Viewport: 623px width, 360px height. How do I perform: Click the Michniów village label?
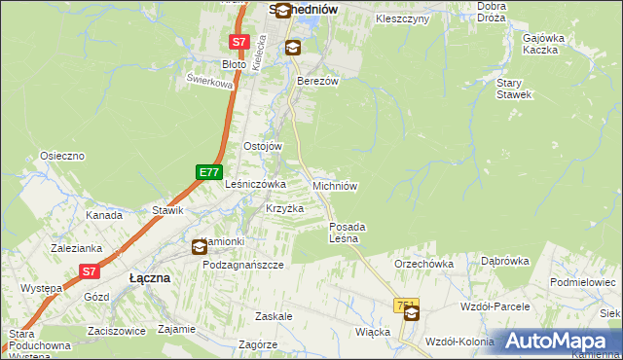(x=337, y=185)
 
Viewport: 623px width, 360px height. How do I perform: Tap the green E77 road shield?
(x=207, y=172)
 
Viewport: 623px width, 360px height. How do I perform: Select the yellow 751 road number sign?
(x=407, y=306)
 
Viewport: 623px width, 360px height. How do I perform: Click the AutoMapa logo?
(x=559, y=341)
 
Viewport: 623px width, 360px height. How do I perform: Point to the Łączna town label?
(x=150, y=277)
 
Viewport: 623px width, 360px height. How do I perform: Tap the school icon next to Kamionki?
(x=200, y=247)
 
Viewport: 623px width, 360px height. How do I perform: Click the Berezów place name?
(x=317, y=82)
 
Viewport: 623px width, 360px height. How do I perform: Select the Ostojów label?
(x=262, y=146)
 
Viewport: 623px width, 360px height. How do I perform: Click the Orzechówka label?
(x=424, y=264)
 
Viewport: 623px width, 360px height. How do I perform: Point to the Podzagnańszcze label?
(x=242, y=265)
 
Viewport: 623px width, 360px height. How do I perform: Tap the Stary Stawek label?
(x=514, y=90)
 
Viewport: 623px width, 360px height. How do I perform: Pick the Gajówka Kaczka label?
(x=544, y=43)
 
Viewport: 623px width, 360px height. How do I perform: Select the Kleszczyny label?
(x=402, y=18)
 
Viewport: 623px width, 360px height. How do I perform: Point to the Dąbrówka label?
(x=504, y=261)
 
